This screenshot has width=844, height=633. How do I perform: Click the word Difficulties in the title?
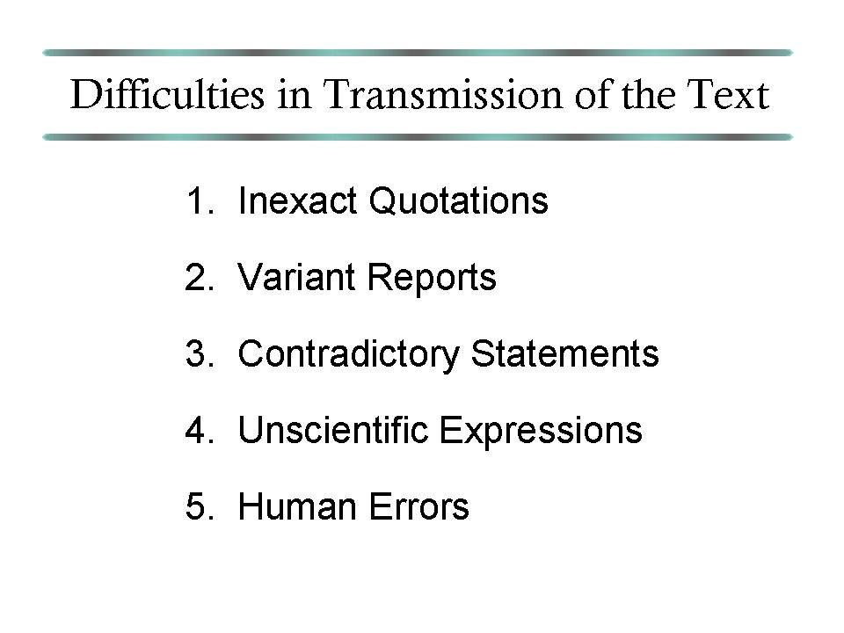pos(167,94)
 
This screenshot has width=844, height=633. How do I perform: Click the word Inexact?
pos(298,200)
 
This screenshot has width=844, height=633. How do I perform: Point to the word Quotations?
pos(458,200)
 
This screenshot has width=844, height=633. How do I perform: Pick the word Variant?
pos(296,277)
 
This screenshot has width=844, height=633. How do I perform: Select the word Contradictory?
pos(348,354)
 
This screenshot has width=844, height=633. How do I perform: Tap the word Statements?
pos(564,353)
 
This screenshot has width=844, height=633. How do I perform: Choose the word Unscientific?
pos(332,430)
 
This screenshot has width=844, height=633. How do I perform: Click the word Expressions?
pos(541,431)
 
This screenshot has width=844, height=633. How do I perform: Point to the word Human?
pos(298,506)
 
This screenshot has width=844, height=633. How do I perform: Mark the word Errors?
pos(418,506)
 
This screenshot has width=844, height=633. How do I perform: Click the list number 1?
pos(200,200)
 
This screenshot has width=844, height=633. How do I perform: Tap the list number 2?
pos(200,277)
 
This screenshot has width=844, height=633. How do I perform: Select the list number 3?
pos(200,353)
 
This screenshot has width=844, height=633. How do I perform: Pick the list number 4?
pos(200,430)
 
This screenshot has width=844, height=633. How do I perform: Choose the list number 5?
pos(200,506)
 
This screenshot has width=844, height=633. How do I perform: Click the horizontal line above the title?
pos(418,53)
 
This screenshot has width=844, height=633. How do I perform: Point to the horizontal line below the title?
pos(418,137)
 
